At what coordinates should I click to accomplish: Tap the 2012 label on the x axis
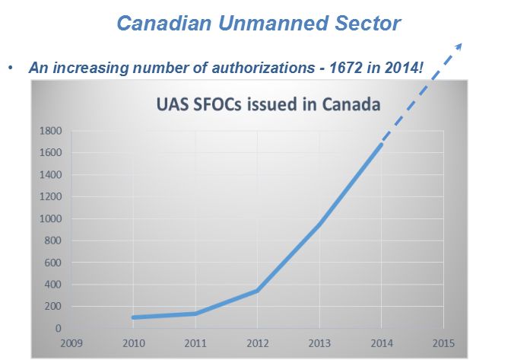(259, 342)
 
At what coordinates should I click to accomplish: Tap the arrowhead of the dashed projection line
(458, 44)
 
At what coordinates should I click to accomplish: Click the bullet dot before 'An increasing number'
(11, 67)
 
